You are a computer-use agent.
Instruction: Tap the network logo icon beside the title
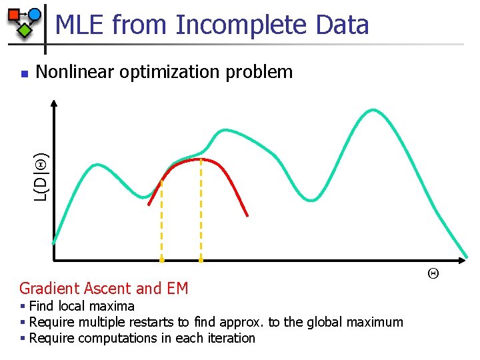click(25, 21)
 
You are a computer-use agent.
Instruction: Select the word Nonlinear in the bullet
click(75, 72)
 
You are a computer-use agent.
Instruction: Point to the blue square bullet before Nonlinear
click(24, 73)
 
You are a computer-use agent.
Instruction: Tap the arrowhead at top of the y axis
click(53, 103)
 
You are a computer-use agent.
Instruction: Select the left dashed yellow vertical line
click(161, 220)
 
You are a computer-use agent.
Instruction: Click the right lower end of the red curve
click(247, 215)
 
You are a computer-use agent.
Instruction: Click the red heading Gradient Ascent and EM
click(104, 289)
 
